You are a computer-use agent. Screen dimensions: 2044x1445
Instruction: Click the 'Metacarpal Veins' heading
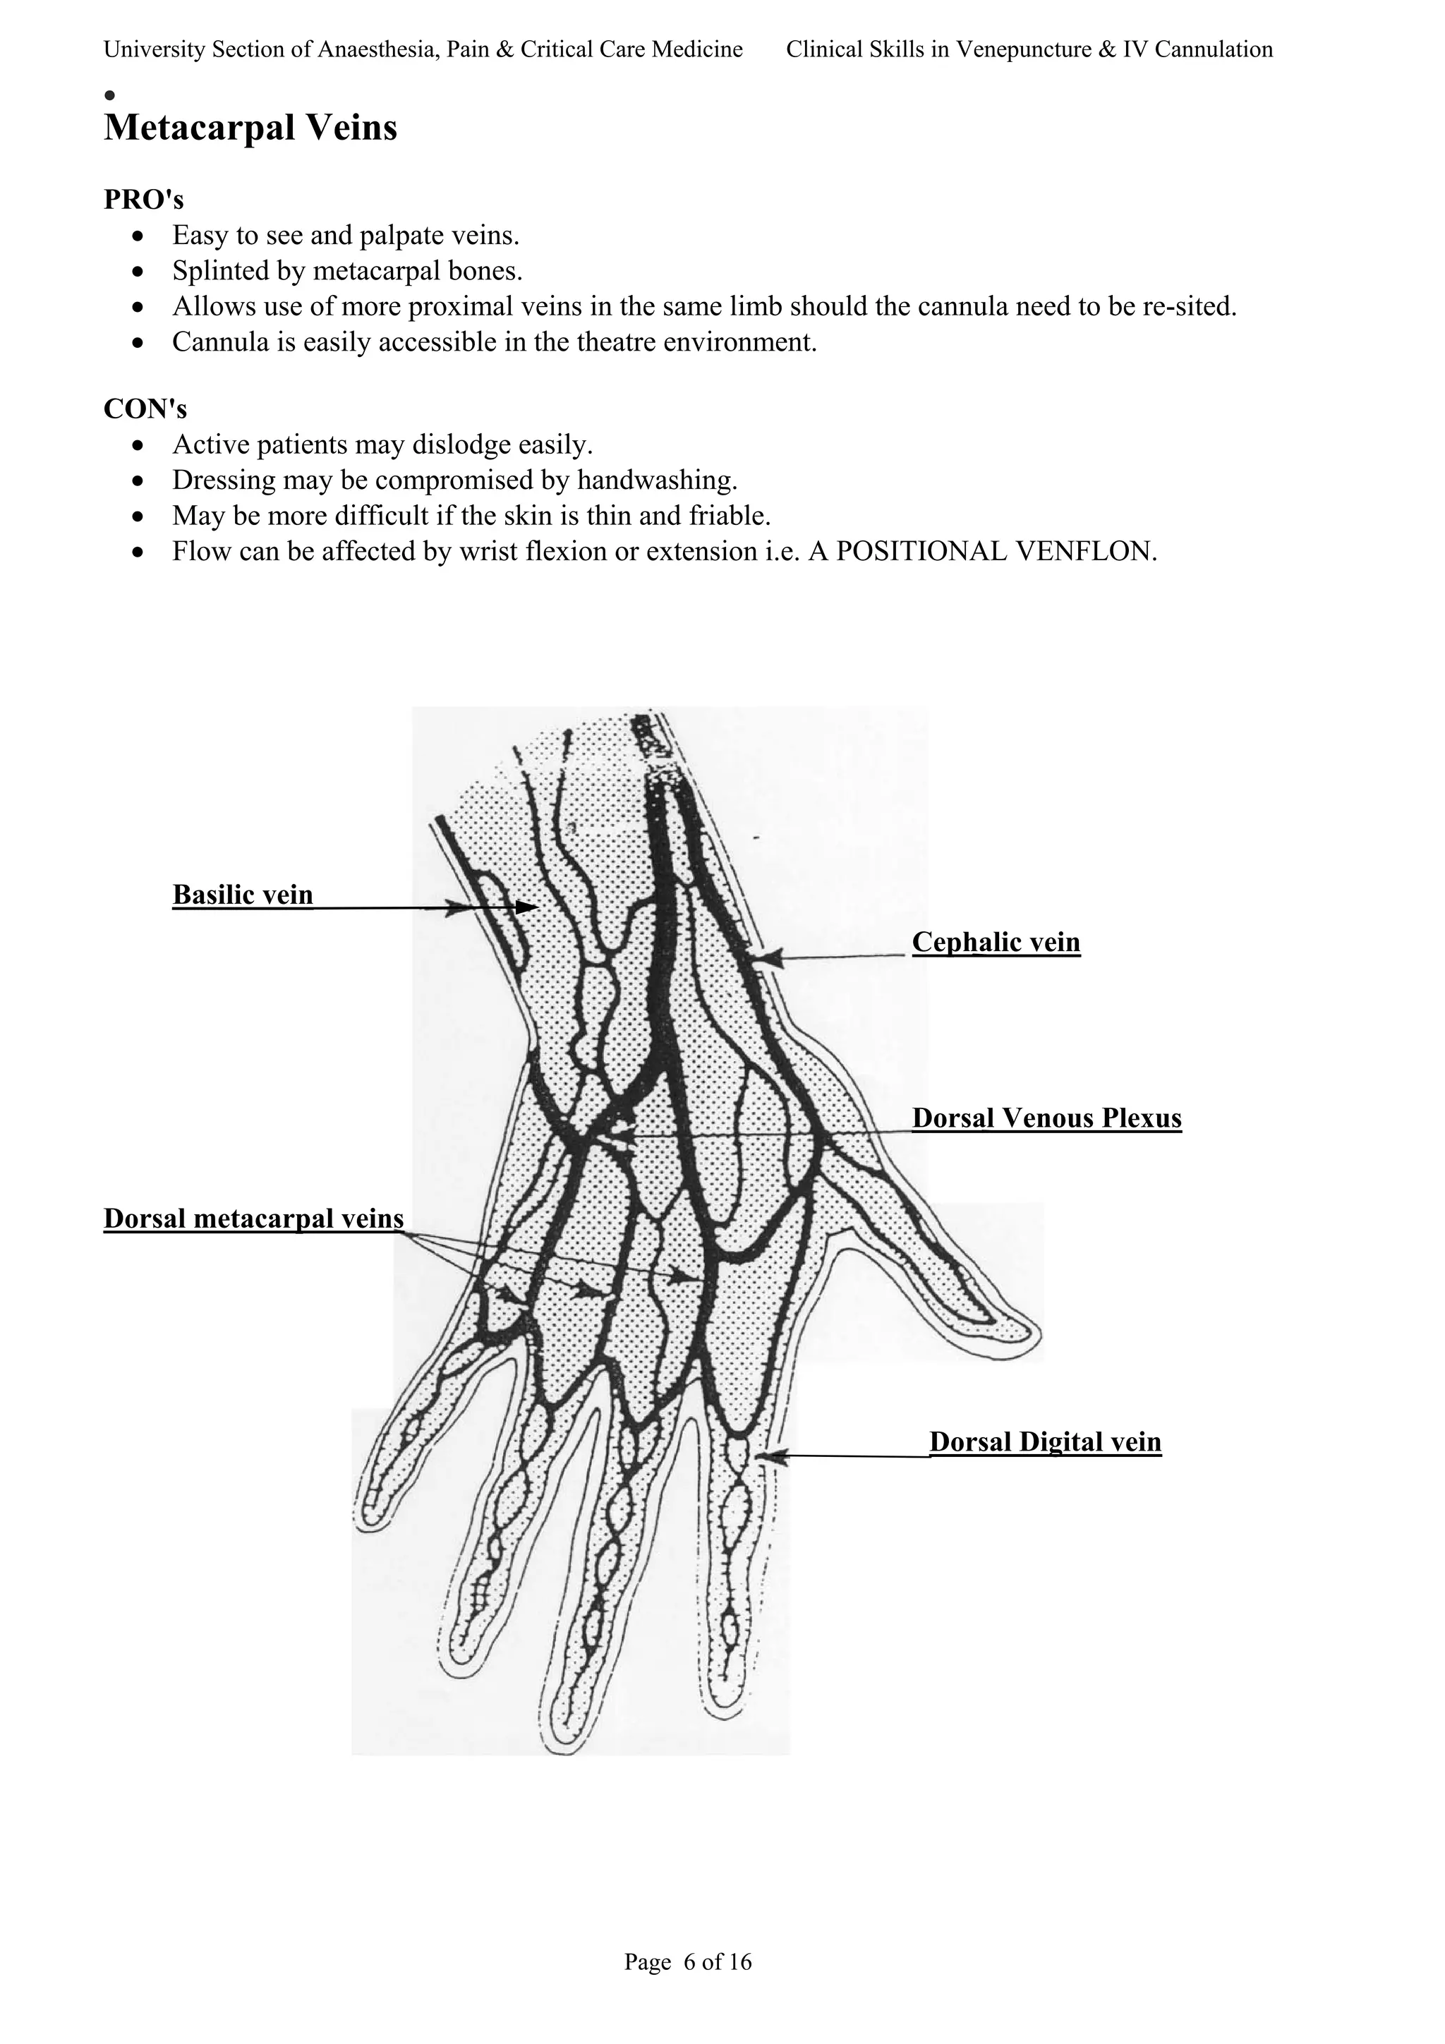tap(250, 128)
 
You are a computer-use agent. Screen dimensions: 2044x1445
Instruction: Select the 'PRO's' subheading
tap(143, 200)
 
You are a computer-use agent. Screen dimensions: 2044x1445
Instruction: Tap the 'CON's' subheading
tap(145, 409)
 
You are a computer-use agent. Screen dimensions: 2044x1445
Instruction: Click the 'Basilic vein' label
tap(242, 895)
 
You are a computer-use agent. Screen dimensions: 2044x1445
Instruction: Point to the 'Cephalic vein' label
tap(996, 942)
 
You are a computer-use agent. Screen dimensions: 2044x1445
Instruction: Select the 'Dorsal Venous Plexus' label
tap(1046, 1118)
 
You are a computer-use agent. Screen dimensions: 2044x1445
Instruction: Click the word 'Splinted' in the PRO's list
tap(214, 271)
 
